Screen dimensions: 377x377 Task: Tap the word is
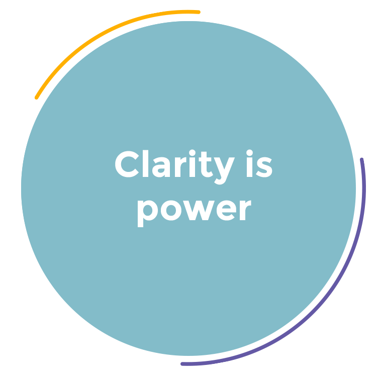259,165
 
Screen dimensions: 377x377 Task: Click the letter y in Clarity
221,170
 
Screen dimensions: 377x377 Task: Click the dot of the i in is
250,153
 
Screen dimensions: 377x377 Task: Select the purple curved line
327,302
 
